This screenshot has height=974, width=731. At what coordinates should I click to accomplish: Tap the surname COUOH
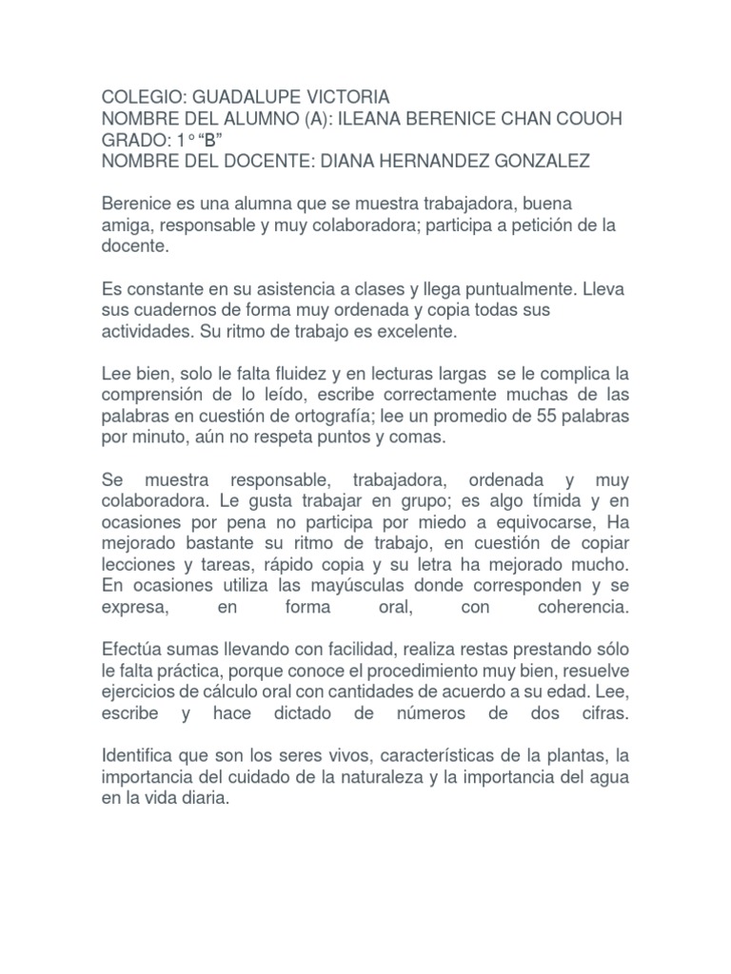pos(586,119)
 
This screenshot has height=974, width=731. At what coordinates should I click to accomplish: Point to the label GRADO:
pos(134,140)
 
